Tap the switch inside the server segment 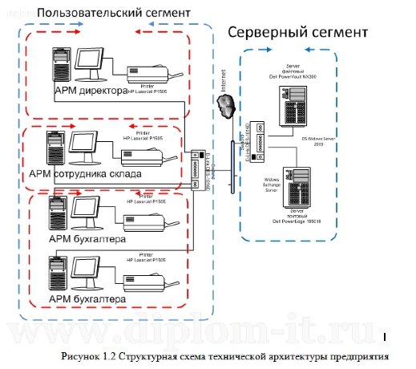click(x=251, y=136)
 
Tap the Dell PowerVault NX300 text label click(x=299, y=75)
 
